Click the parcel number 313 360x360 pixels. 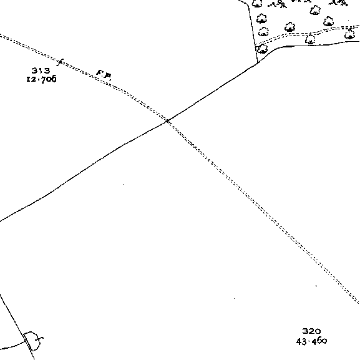pyautogui.click(x=41, y=71)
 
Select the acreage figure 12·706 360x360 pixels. pyautogui.click(x=41, y=79)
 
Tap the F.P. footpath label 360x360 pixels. pyautogui.click(x=104, y=75)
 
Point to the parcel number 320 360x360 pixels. pyautogui.click(x=311, y=331)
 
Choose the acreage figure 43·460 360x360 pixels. pyautogui.click(x=311, y=341)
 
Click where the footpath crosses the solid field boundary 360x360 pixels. pyautogui.click(x=168, y=121)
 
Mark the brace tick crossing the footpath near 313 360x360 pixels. pyautogui.click(x=60, y=62)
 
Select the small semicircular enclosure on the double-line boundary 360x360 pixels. pyautogui.click(x=32, y=341)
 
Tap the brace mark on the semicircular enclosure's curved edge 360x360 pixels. pyautogui.click(x=41, y=338)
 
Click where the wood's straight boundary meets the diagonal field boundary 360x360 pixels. pyautogui.click(x=258, y=62)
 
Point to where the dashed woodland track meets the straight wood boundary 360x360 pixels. pyautogui.click(x=255, y=45)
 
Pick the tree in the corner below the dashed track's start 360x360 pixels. pyautogui.click(x=262, y=49)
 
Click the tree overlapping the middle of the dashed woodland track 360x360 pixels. pyautogui.click(x=310, y=39)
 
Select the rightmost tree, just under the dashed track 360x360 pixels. pyautogui.click(x=349, y=34)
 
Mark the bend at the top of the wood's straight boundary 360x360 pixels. pyautogui.click(x=248, y=5)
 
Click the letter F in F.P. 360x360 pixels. pyautogui.click(x=100, y=73)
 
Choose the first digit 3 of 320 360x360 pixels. pyautogui.click(x=305, y=331)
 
